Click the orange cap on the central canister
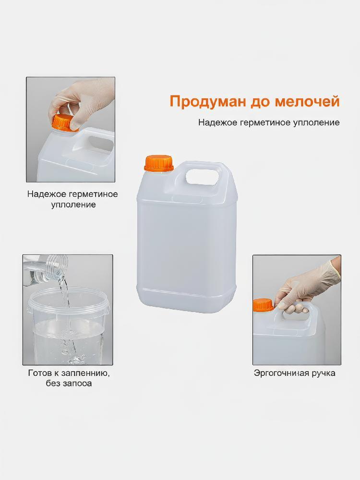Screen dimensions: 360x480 [x=159, y=163]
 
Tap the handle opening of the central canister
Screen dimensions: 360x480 [x=202, y=178]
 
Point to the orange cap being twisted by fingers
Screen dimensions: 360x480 [x=63, y=122]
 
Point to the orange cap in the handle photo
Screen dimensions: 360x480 [x=263, y=305]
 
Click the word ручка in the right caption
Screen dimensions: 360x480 [x=324, y=373]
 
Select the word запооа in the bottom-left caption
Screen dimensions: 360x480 [x=78, y=383]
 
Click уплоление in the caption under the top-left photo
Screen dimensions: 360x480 [x=73, y=204]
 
